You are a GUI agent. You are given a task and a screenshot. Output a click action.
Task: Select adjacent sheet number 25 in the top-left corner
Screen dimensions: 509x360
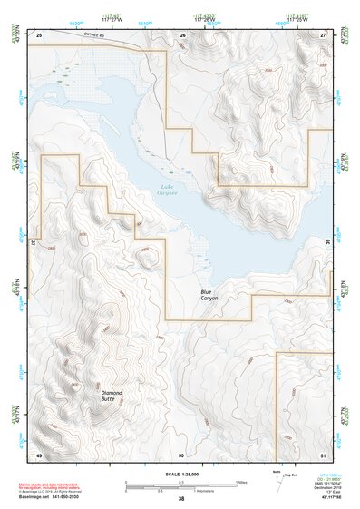[39, 34]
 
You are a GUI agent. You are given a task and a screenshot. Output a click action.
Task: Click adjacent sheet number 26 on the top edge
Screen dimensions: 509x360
[182, 34]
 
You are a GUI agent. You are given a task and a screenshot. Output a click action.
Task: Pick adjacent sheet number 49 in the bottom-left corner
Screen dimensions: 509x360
[39, 454]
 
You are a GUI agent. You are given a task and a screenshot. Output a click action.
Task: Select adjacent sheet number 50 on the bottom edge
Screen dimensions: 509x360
[182, 454]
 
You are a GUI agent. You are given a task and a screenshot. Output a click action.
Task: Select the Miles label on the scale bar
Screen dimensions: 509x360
[242, 481]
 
